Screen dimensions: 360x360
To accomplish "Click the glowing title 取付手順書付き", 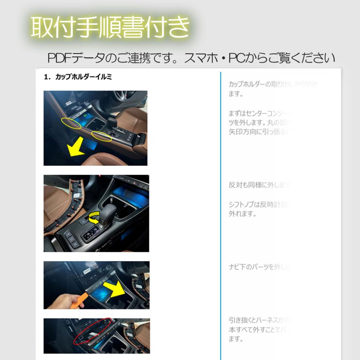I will click(110, 27).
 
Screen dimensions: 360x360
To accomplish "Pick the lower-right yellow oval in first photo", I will click(102, 136).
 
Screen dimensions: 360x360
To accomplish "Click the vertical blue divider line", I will click(220, 216).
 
